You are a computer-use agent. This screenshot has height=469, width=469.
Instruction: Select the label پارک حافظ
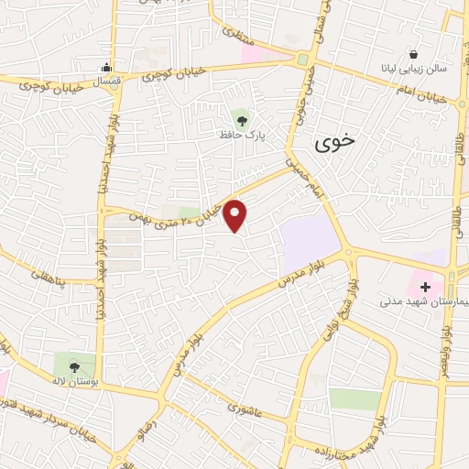click(x=241, y=135)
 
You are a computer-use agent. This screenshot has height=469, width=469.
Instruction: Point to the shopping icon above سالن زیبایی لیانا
click(x=415, y=54)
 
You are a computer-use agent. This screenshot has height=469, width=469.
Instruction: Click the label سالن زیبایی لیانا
click(x=415, y=69)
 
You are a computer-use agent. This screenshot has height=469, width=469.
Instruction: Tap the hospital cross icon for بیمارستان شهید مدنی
click(x=426, y=287)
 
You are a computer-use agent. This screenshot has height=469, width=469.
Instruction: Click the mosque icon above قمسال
click(x=107, y=66)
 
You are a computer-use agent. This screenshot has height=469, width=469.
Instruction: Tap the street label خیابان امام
click(x=422, y=92)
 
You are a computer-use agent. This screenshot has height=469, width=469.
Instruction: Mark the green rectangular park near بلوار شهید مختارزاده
click(x=354, y=398)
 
